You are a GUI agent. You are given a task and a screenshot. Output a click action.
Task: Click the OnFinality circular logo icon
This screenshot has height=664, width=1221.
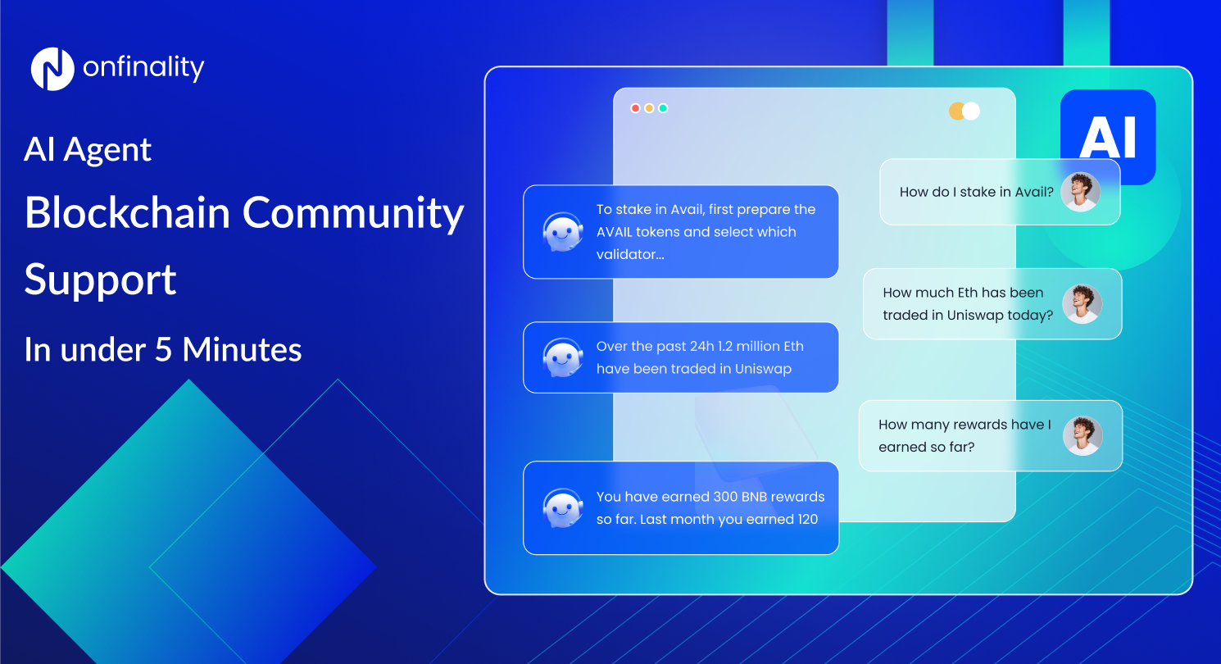click(x=52, y=69)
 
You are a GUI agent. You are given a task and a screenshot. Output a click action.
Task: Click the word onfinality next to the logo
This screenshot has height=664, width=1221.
click(x=143, y=68)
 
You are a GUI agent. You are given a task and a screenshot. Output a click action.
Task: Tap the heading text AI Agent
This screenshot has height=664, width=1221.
click(x=89, y=150)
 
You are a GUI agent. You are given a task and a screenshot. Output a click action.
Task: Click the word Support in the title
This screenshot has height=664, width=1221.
click(x=100, y=280)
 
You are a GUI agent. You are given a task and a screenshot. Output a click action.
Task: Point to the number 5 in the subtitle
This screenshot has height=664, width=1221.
click(x=164, y=350)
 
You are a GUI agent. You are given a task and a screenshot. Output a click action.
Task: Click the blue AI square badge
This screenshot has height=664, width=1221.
click(x=1108, y=136)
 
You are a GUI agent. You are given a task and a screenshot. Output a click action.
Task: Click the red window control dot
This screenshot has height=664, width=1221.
click(x=635, y=108)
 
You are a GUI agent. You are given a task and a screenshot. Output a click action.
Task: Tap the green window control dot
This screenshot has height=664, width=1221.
click(x=663, y=108)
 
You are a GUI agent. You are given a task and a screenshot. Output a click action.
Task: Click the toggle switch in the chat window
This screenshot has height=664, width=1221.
click(x=965, y=111)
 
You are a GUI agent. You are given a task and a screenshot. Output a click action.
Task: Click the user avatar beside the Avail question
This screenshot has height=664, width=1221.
click(x=1080, y=192)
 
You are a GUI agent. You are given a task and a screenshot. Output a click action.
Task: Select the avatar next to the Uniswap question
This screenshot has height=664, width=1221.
click(x=1082, y=304)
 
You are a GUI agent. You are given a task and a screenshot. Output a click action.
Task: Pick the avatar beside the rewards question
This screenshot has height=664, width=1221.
click(x=1083, y=435)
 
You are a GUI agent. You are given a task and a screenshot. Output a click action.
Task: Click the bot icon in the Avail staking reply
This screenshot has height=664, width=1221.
click(x=563, y=232)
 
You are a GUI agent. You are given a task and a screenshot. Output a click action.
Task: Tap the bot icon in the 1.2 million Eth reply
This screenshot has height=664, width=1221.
click(x=563, y=357)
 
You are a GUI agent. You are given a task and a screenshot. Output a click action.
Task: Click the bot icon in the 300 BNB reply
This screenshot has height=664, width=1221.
click(x=563, y=508)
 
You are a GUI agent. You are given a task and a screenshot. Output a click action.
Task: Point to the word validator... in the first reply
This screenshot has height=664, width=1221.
click(x=630, y=254)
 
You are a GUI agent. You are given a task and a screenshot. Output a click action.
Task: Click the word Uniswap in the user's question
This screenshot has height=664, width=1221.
click(x=974, y=316)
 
